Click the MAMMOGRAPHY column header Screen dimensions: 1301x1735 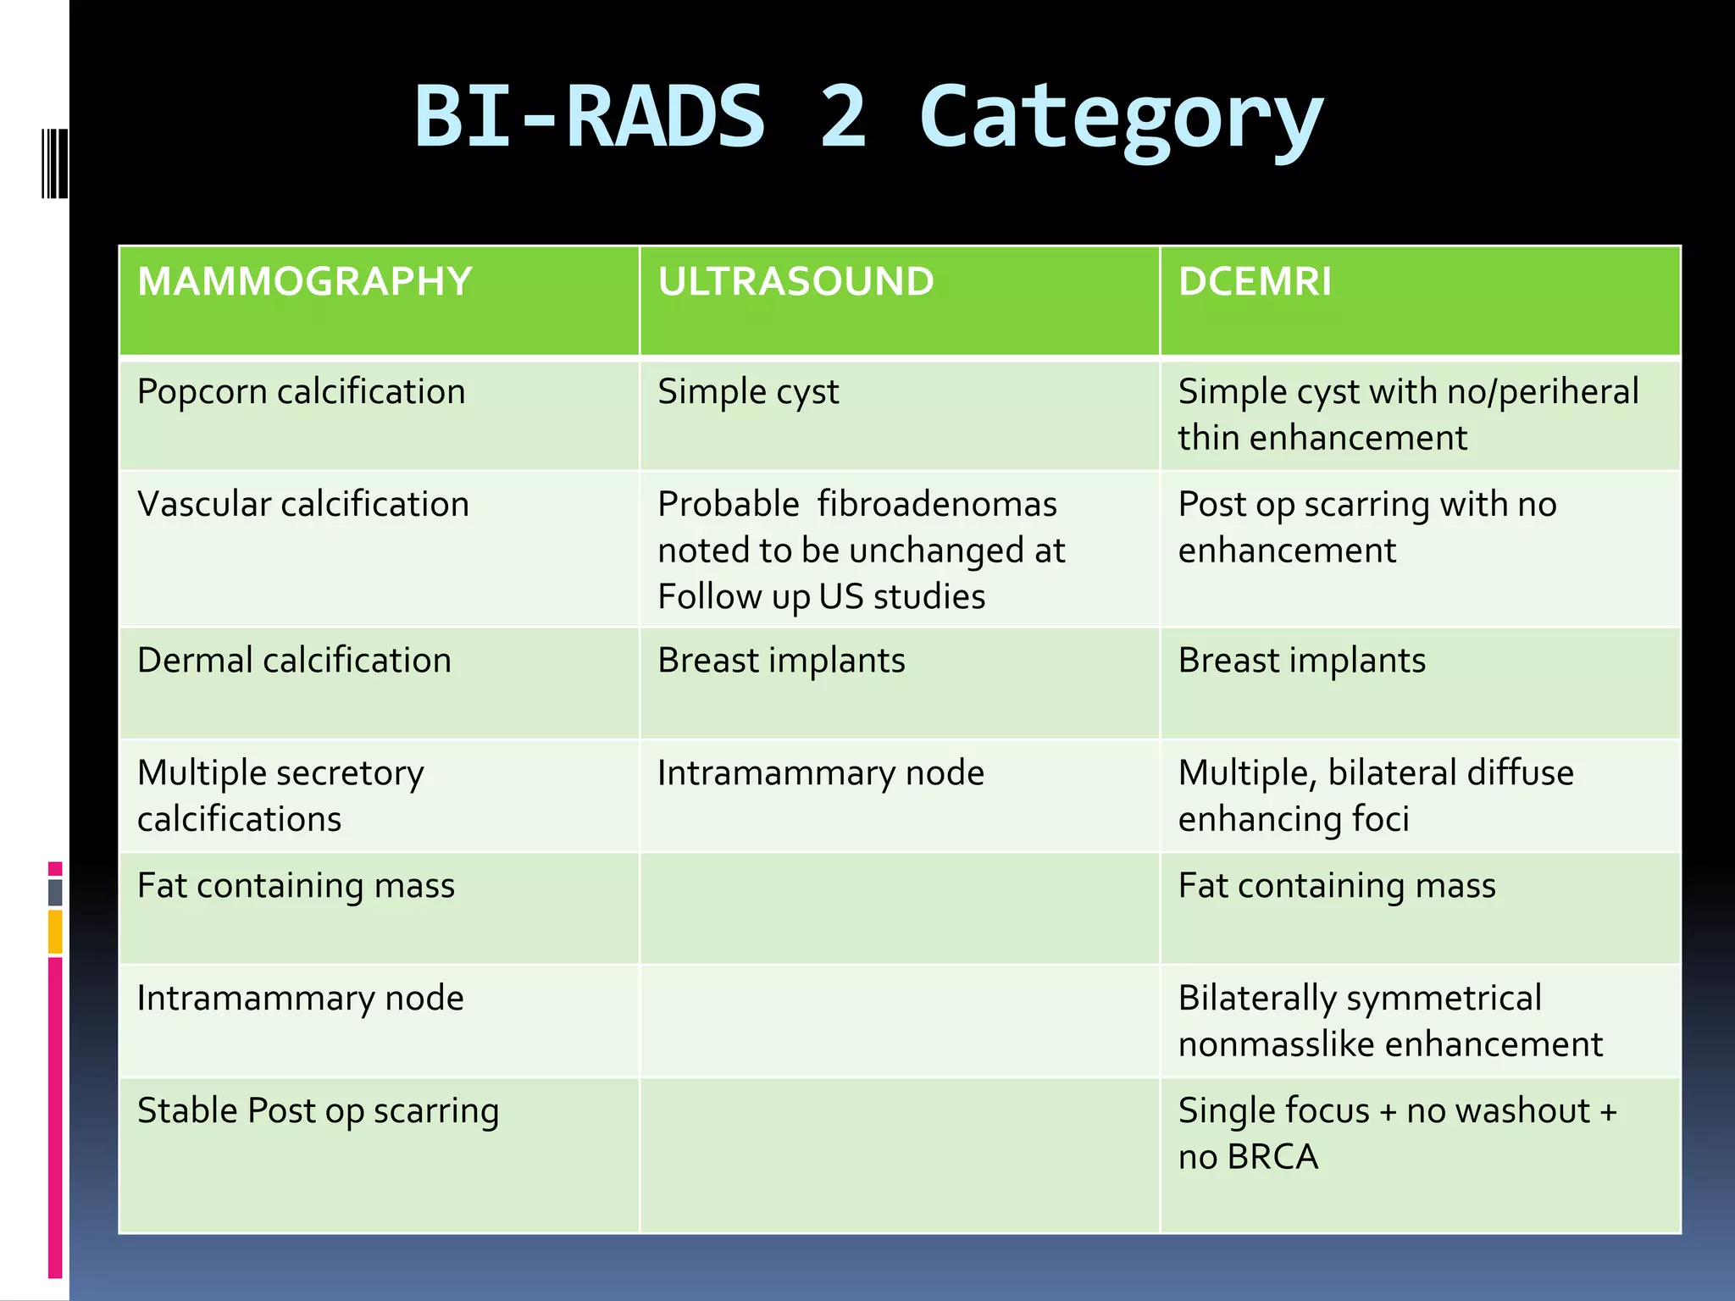pos(304,282)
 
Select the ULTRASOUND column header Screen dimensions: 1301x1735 pos(795,282)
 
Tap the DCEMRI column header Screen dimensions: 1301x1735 pos(1255,282)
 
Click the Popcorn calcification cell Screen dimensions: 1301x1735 pos(301,392)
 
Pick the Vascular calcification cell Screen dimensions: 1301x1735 pos(302,505)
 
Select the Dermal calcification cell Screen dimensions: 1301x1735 pos(294,661)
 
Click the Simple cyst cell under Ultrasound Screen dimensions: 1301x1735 pos(748,392)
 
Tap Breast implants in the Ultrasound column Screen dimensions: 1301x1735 pos(781,661)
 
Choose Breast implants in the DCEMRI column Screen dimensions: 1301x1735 pos(1301,661)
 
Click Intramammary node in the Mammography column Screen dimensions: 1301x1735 pos(300,999)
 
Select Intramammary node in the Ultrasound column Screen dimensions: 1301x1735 pos(820,773)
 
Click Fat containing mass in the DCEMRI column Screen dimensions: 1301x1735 pos(1336,886)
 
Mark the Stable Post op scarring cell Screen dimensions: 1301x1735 pos(318,1111)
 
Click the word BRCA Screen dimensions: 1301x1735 pos(1272,1157)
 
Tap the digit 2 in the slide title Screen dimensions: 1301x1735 pos(843,117)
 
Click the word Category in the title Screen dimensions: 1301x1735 pos(1120,119)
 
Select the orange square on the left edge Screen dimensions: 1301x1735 pos(55,932)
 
